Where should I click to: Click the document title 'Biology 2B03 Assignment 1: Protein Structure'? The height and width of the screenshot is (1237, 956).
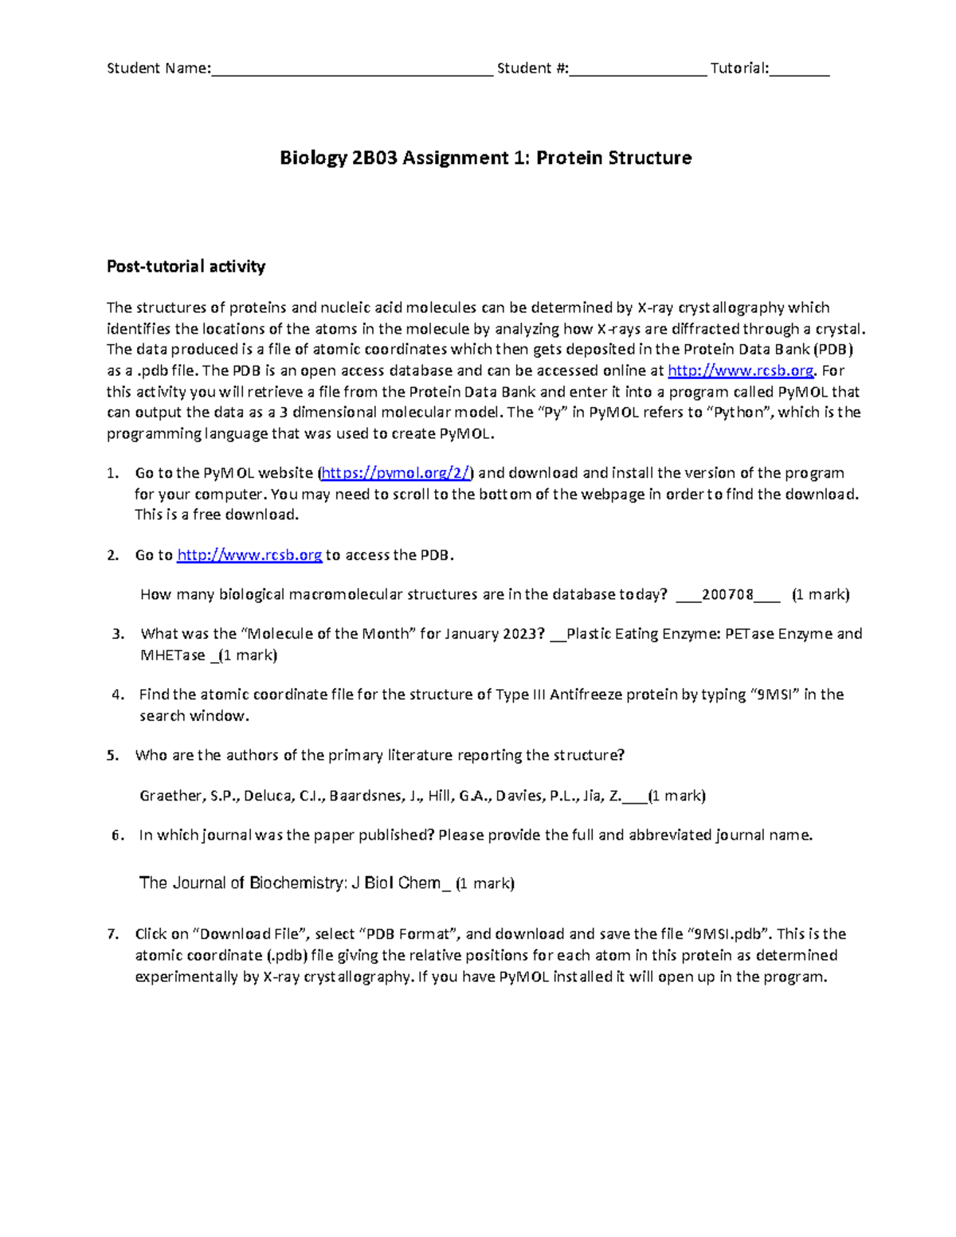(485, 158)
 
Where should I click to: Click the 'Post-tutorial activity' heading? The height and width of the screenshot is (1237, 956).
(186, 267)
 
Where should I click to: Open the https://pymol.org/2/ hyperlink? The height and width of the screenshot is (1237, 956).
(396, 473)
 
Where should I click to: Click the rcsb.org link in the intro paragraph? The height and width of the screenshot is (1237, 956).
(740, 370)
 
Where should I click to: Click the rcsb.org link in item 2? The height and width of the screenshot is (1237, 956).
(249, 555)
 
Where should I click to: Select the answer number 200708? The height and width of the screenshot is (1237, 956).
(727, 595)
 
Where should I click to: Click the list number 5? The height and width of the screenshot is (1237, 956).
(112, 756)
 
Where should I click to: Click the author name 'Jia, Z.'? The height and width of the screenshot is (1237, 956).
(602, 796)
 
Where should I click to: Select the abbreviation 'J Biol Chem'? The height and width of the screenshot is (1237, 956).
(396, 883)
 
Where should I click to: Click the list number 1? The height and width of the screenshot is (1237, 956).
(112, 473)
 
